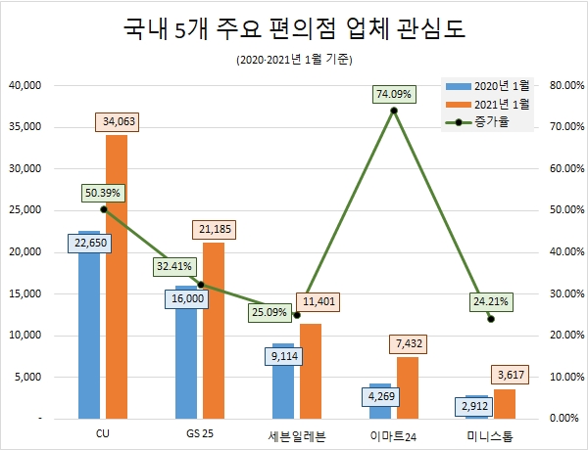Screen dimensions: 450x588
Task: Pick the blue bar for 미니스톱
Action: (x=477, y=406)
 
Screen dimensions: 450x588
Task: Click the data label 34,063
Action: (x=117, y=122)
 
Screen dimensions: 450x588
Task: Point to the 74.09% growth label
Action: (x=393, y=94)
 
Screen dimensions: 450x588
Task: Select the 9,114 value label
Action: (x=283, y=357)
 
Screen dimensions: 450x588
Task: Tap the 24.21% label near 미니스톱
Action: (x=490, y=301)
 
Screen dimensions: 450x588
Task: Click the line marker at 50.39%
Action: (x=103, y=209)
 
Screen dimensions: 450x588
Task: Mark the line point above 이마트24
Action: (x=393, y=111)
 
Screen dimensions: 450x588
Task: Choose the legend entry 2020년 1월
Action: (x=486, y=85)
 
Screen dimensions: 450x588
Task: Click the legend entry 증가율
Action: (x=486, y=121)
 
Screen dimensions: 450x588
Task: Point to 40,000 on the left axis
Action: (x=24, y=85)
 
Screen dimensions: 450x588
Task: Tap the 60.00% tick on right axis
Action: (x=565, y=168)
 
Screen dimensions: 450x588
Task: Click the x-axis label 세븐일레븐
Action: (x=296, y=433)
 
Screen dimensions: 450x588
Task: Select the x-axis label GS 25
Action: (x=199, y=433)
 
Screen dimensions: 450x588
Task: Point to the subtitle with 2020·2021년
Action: (x=294, y=62)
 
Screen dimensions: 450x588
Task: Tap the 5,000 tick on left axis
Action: (x=26, y=377)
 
